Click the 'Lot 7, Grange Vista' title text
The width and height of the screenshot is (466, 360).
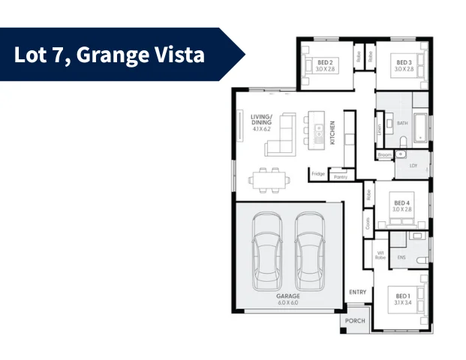tap(110, 55)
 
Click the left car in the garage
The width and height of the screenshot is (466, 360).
tap(266, 250)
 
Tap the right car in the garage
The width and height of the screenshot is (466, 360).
tap(309, 250)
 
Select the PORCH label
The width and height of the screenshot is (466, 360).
tap(355, 321)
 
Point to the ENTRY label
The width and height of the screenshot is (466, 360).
tap(358, 292)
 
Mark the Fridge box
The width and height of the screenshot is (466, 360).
tap(318, 174)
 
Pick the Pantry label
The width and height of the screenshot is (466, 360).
tap(340, 177)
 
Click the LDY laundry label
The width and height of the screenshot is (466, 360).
tap(413, 166)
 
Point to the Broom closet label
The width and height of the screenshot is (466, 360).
tap(385, 155)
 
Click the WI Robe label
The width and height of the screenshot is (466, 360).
tap(380, 255)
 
